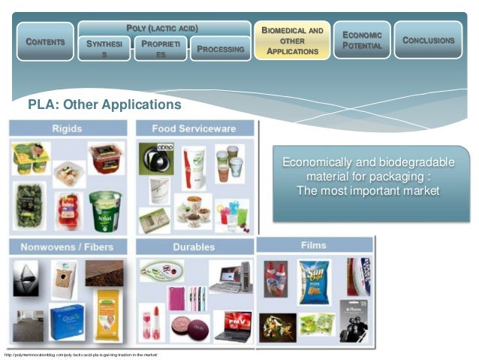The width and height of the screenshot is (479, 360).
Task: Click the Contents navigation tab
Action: [44, 41]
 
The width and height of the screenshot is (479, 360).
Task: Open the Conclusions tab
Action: [429, 40]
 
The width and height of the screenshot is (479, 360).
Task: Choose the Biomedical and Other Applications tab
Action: [292, 41]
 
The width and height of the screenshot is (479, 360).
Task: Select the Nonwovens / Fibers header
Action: [68, 247]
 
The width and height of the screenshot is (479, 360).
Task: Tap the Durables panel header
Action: [193, 247]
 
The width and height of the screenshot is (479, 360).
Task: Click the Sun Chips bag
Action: [314, 280]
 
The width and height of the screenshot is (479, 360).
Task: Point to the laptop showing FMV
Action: [233, 323]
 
